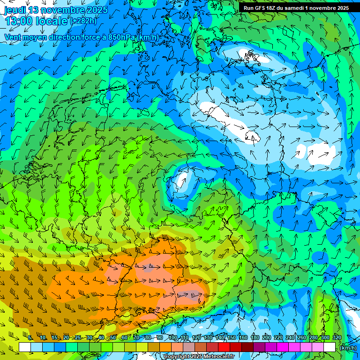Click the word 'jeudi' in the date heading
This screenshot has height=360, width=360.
[15, 10]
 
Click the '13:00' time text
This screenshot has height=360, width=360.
[18, 22]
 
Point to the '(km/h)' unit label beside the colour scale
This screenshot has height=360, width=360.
[347, 348]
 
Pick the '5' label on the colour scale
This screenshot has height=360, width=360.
[30, 338]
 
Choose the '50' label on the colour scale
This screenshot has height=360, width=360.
[112, 338]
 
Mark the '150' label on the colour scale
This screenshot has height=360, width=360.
[231, 338]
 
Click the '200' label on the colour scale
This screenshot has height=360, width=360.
[266, 338]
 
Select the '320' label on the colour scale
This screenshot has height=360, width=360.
[337, 338]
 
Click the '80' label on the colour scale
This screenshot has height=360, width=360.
[148, 338]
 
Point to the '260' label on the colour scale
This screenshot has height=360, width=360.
[301, 338]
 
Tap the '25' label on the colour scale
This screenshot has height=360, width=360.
[77, 338]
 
